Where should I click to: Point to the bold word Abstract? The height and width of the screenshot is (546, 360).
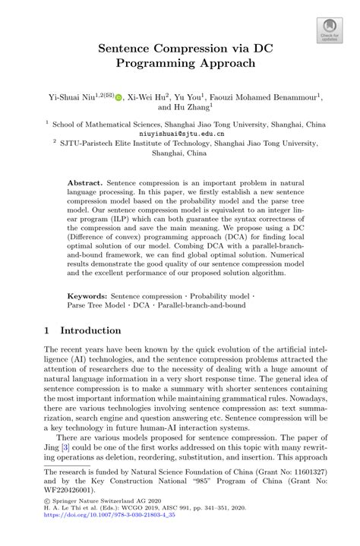pos(84,184)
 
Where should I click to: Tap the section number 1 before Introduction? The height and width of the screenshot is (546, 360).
pos(46,331)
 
